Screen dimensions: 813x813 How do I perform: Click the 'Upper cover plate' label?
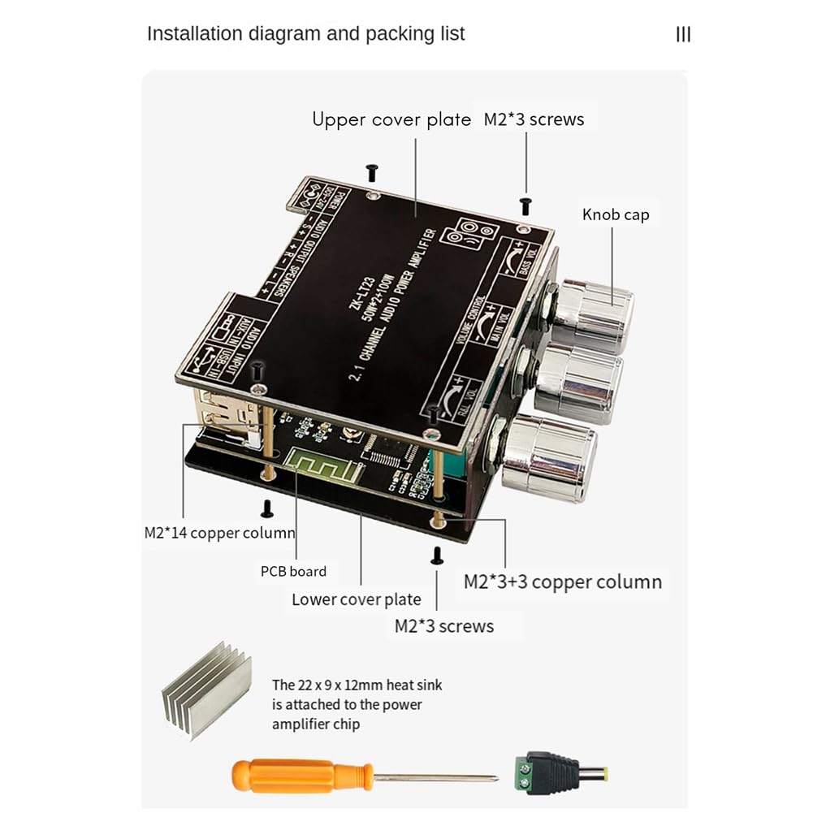391,119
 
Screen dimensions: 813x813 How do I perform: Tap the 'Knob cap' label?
616,214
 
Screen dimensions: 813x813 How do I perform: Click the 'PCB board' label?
293,571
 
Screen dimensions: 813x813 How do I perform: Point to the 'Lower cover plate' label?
357,599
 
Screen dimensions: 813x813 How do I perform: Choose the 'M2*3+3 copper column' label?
562,582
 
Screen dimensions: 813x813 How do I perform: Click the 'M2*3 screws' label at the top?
534,119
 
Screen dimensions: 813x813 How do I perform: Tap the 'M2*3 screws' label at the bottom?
443,625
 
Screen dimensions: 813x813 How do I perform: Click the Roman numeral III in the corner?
683,34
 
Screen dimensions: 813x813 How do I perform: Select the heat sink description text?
357,704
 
